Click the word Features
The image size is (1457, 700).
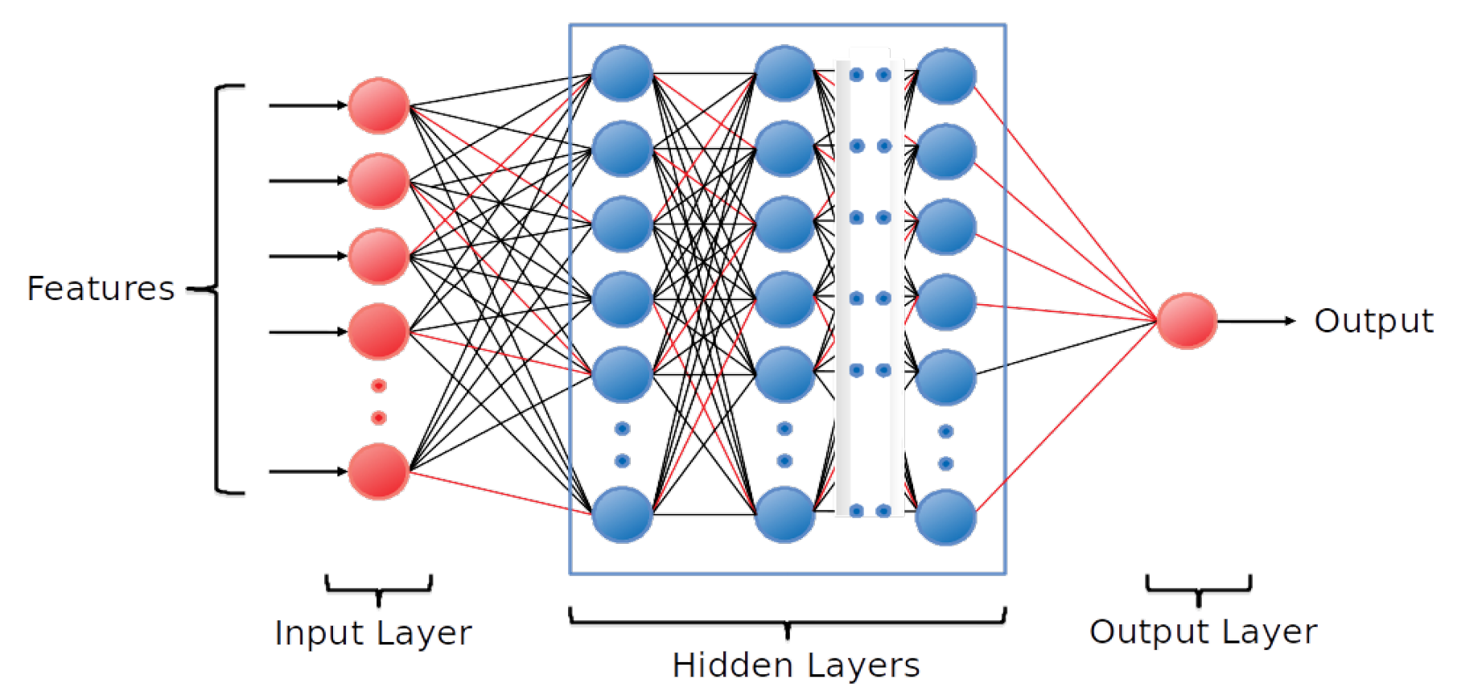(101, 288)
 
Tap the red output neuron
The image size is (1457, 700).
(1187, 320)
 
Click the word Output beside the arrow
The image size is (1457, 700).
(1373, 320)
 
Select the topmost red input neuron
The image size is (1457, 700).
(378, 105)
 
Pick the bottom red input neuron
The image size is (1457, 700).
(378, 471)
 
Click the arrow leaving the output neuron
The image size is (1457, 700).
(1255, 321)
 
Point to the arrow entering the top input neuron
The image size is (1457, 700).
(306, 105)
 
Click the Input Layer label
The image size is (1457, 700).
(372, 633)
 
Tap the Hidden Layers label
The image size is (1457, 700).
(796, 665)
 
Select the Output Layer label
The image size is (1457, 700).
(1203, 632)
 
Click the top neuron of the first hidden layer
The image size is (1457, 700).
(622, 73)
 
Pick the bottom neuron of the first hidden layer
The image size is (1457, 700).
(622, 514)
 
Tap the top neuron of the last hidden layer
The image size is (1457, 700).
(946, 76)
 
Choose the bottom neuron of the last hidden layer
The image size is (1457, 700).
(946, 517)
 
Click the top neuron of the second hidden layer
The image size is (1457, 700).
(784, 73)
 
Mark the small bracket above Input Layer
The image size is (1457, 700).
(378, 588)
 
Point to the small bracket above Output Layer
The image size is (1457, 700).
(1198, 588)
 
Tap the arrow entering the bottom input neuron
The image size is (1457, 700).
(306, 471)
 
